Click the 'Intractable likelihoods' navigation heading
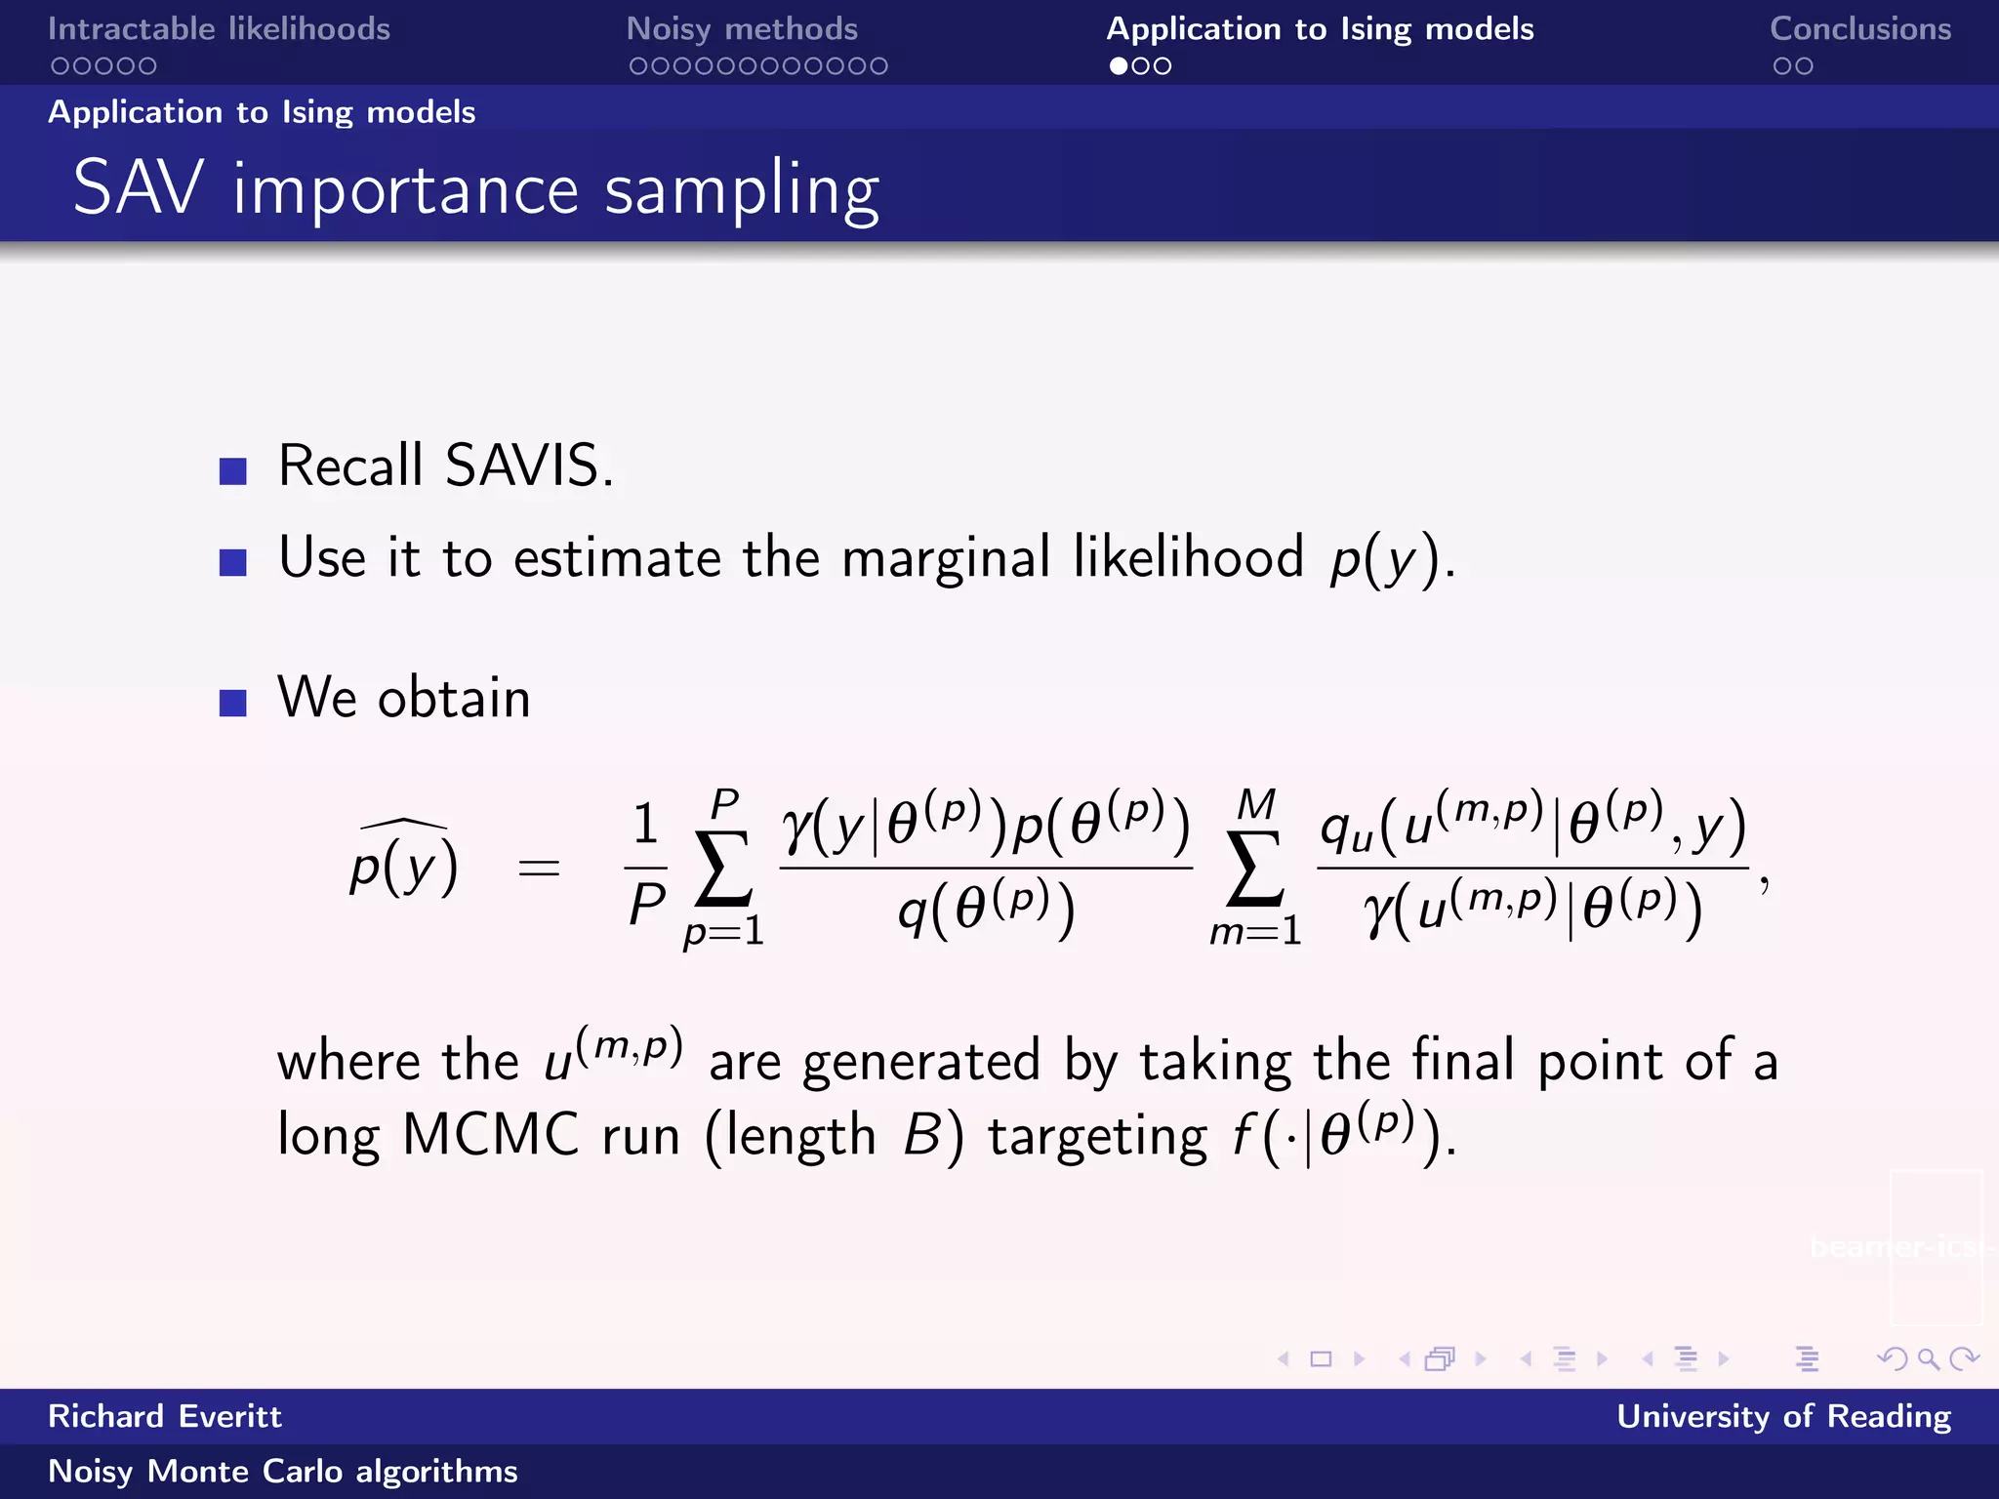[219, 29]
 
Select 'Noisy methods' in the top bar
[742, 29]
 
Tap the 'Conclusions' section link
[1859, 29]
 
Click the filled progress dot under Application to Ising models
[1118, 66]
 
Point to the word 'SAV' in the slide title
[139, 187]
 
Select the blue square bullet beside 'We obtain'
[233, 703]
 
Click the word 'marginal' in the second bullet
[946, 557]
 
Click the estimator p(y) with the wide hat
[404, 863]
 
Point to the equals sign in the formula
[539, 867]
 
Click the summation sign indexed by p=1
[723, 867]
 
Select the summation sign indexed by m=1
[1255, 867]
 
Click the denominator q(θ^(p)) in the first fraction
[986, 910]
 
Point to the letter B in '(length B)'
[921, 1135]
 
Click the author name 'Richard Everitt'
[165, 1416]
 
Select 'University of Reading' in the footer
[1783, 1416]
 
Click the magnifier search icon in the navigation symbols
[1928, 1358]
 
